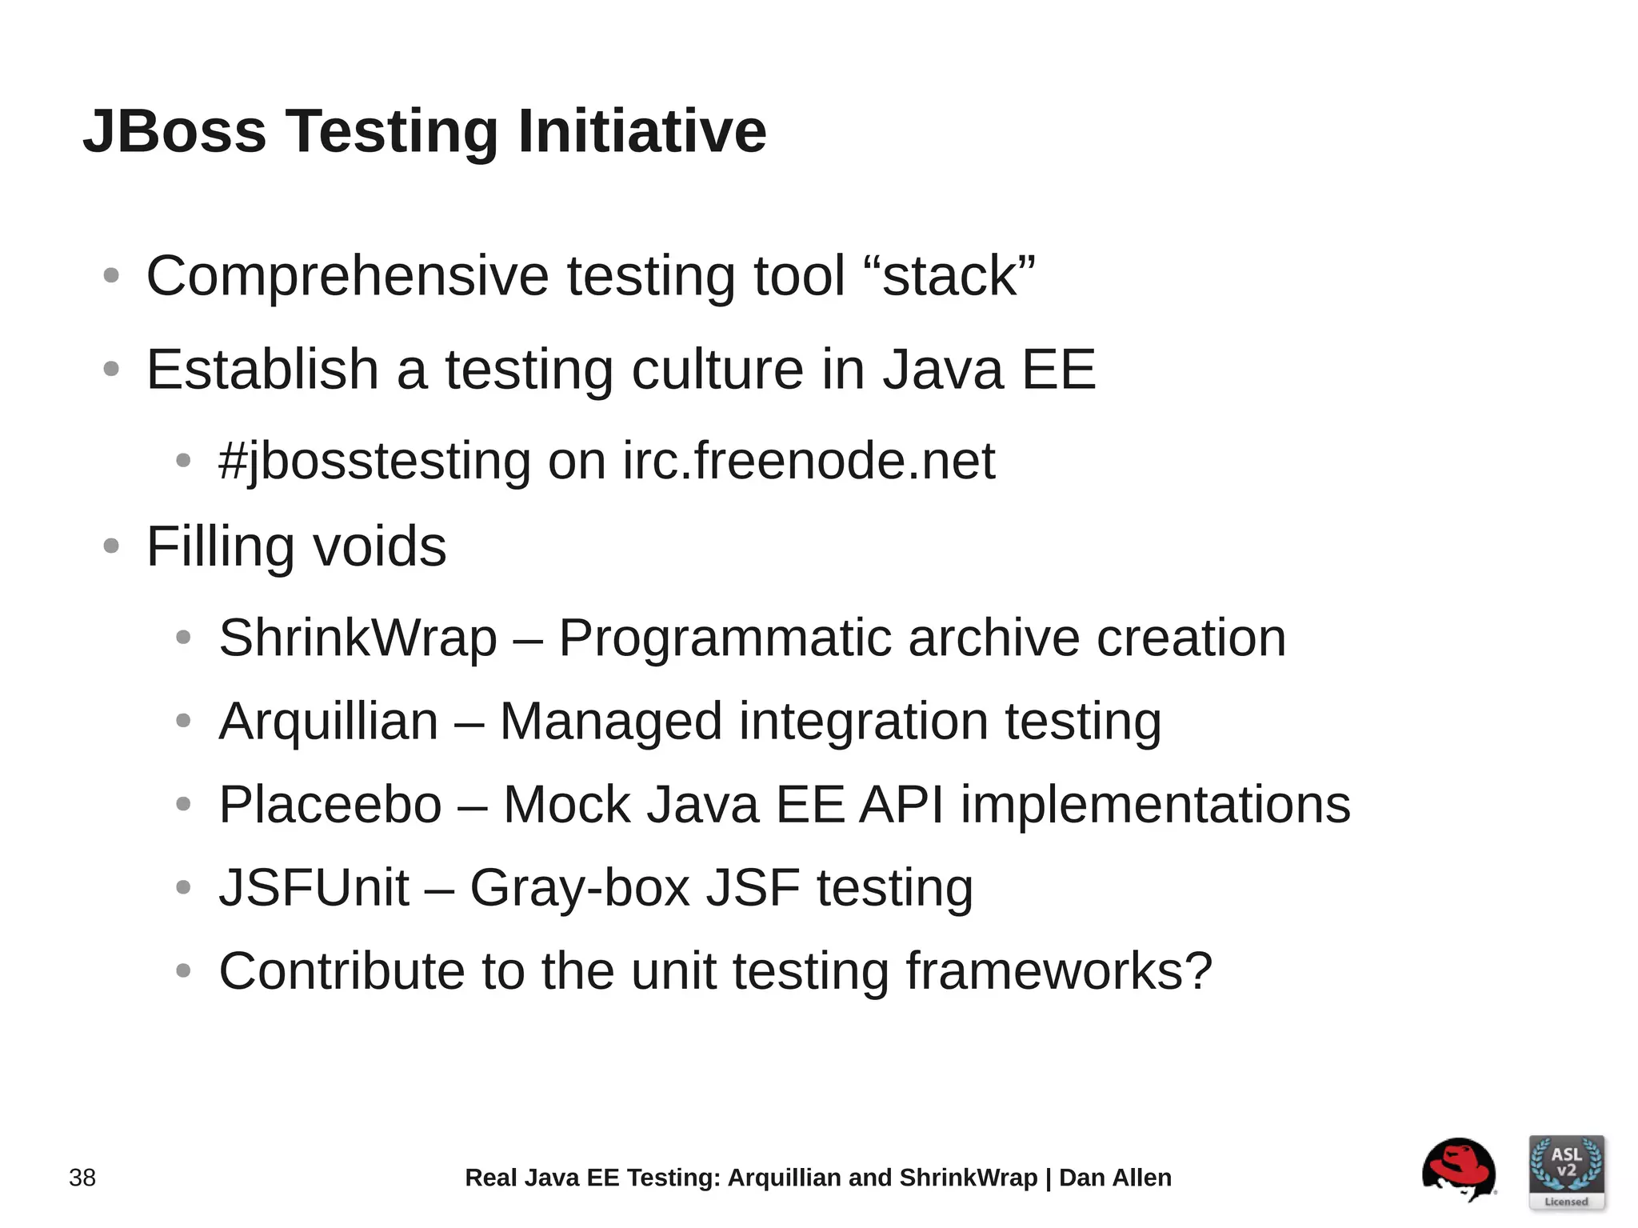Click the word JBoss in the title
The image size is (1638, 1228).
[x=174, y=131]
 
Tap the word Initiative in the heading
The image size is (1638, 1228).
[x=642, y=131]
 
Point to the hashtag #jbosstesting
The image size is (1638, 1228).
[x=374, y=462]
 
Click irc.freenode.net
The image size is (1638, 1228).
[x=809, y=462]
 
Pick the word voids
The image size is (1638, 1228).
[x=379, y=547]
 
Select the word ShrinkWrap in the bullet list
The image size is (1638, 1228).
[x=358, y=638]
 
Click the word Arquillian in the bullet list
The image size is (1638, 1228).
[x=328, y=722]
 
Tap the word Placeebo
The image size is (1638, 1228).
[x=330, y=805]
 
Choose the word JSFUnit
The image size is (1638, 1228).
[x=314, y=888]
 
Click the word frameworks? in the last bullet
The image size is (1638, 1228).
[x=1059, y=971]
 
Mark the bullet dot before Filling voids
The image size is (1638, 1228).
[x=111, y=547]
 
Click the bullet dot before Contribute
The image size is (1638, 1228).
[x=183, y=971]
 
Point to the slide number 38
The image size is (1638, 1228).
[x=82, y=1178]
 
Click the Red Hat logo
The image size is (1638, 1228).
[x=1458, y=1170]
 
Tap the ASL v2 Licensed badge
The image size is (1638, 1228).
[x=1566, y=1172]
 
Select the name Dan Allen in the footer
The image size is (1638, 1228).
[x=1115, y=1178]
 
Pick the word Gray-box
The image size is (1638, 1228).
[x=579, y=888]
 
